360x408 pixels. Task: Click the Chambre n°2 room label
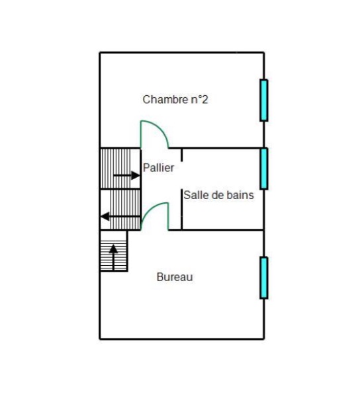click(175, 100)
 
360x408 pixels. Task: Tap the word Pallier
click(158, 168)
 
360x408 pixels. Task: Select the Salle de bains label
click(218, 195)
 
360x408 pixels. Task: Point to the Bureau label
click(175, 277)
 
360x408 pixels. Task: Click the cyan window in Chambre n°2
click(264, 100)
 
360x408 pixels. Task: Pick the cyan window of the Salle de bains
click(264, 169)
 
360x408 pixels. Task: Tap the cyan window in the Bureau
click(264, 278)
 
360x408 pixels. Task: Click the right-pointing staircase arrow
click(126, 176)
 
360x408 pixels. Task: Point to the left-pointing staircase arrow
click(120, 216)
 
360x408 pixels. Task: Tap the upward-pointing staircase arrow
click(113, 257)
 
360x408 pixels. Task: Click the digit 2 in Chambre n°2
click(204, 100)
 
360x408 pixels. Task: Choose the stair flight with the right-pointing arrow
click(120, 168)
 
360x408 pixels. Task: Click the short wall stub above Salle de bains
click(181, 155)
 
